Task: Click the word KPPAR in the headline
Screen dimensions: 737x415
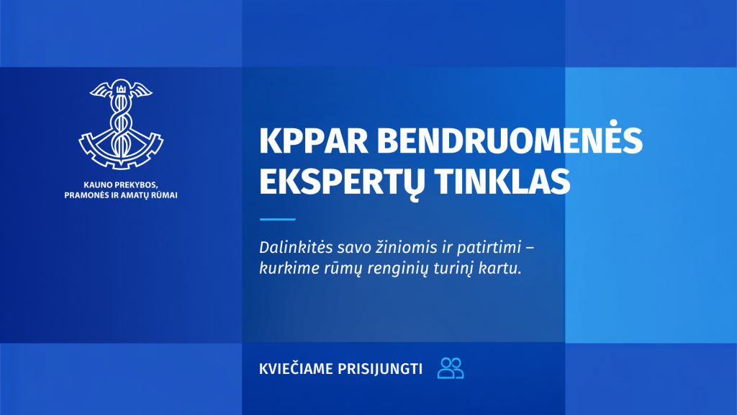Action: pyautogui.click(x=314, y=140)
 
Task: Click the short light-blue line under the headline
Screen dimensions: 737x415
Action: pyautogui.click(x=277, y=219)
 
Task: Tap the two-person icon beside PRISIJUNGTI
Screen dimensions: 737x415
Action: pyautogui.click(x=451, y=368)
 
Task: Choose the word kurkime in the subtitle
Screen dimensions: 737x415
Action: pyautogui.click(x=288, y=269)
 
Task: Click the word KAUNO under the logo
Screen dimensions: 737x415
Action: pyautogui.click(x=97, y=185)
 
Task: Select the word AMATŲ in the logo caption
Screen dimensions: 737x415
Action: pyautogui.click(x=135, y=196)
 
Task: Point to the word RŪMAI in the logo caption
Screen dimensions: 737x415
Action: pyautogui.click(x=165, y=195)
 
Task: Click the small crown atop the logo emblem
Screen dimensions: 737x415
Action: pyautogui.click(x=121, y=89)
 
